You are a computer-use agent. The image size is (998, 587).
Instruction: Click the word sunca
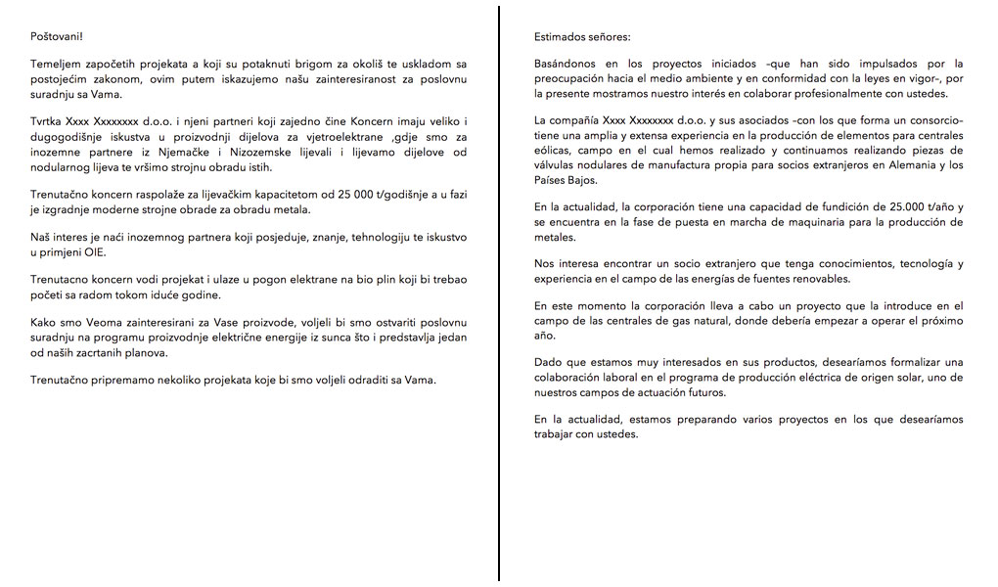tap(355, 339)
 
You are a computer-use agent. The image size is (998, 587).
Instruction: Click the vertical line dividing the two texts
tap(499, 293)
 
